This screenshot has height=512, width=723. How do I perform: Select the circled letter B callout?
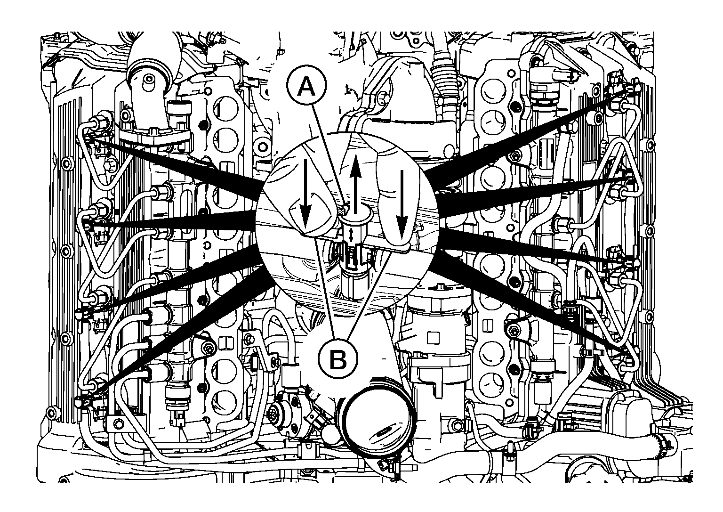(338, 359)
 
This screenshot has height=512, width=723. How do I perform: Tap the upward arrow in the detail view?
(355, 184)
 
